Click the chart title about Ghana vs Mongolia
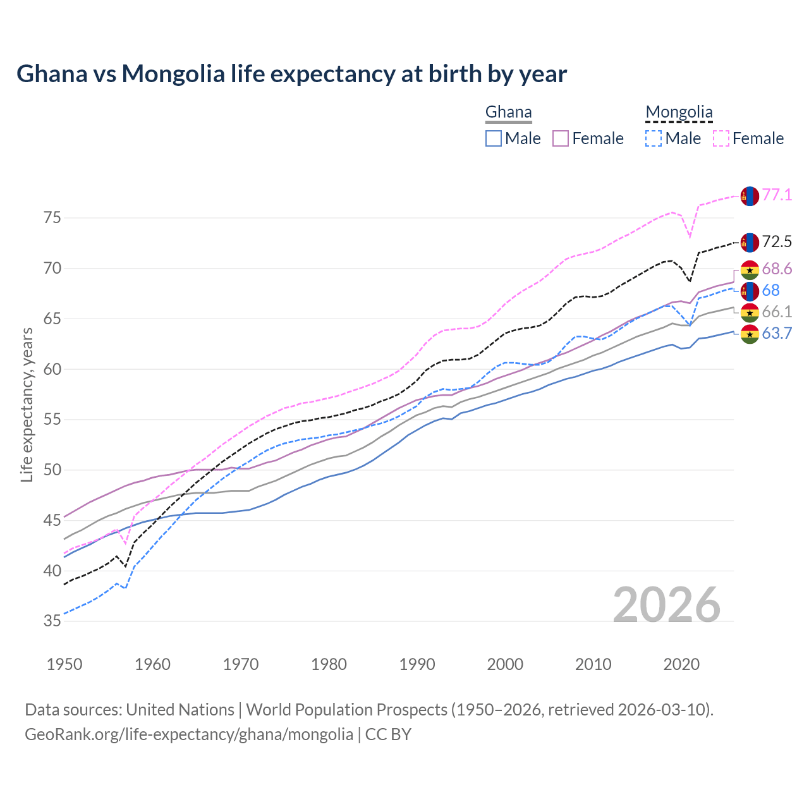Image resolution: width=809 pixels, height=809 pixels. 291,74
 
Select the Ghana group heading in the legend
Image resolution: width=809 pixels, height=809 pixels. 508,113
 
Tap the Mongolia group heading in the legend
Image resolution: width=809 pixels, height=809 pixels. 679,113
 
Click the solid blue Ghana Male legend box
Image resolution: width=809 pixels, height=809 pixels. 494,138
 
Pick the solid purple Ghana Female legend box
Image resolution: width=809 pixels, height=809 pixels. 561,138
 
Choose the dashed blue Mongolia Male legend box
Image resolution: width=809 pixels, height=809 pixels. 654,138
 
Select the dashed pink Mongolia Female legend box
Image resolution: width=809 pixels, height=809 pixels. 721,138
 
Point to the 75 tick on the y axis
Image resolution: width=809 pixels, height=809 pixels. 52,218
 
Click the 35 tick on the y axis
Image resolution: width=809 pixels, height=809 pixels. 52,621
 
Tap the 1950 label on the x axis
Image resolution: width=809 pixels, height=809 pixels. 64,664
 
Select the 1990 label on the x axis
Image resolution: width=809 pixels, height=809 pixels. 417,664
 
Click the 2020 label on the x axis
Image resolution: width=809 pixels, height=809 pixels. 681,664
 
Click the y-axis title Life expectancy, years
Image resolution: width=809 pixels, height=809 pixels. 27,404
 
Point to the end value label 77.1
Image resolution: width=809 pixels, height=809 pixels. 777,195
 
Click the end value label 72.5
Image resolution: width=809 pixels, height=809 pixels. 777,242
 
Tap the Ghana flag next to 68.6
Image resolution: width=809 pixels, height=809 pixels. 750,270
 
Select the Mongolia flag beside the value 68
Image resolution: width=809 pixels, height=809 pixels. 750,291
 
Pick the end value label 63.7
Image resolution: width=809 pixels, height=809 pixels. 777,334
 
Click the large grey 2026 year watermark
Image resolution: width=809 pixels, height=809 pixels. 667,605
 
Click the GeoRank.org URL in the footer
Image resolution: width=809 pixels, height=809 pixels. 189,734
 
